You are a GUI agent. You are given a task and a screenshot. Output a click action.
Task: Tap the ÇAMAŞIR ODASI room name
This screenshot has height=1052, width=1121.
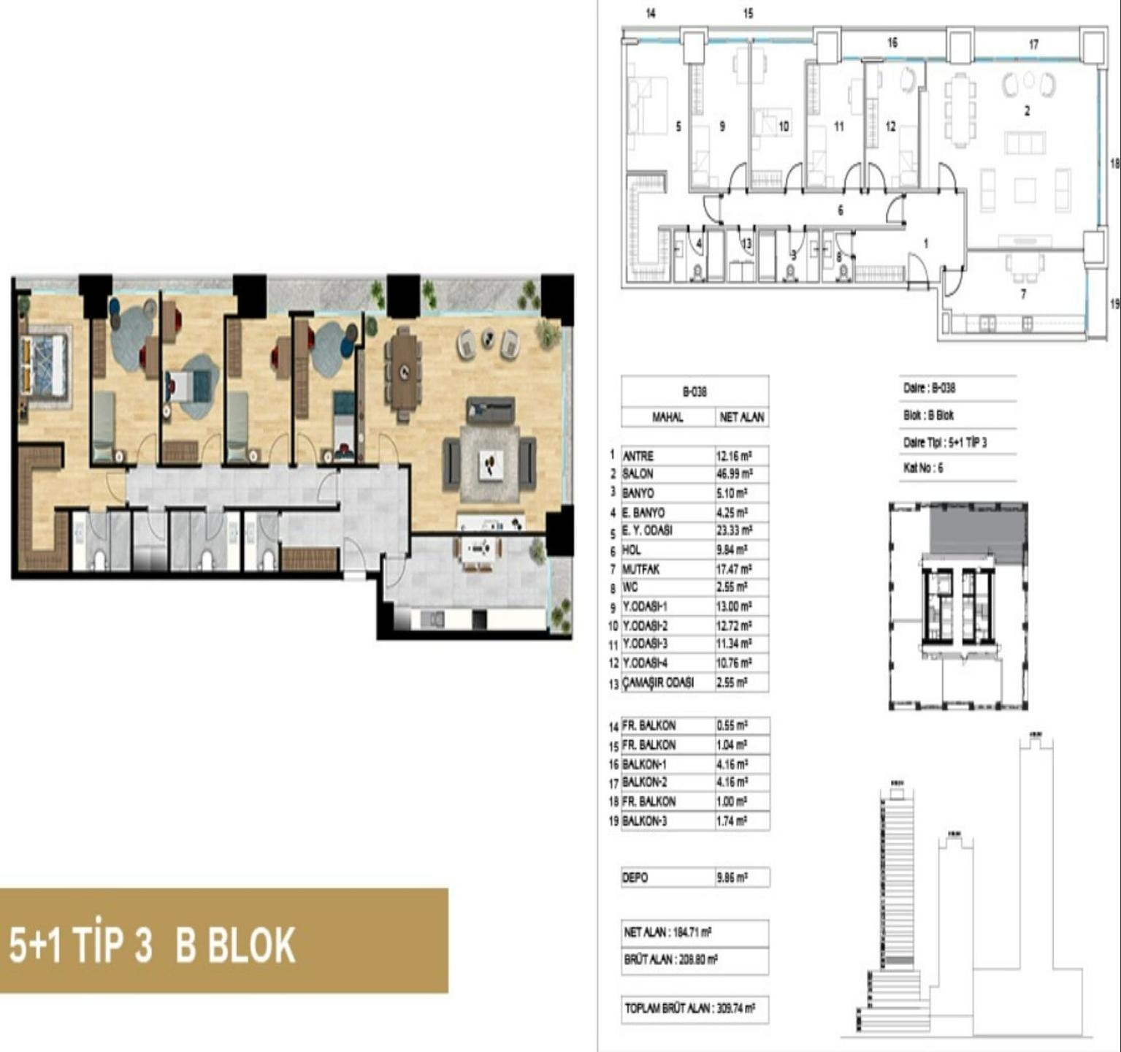657,682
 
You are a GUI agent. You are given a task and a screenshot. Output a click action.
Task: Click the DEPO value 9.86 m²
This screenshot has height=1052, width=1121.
732,877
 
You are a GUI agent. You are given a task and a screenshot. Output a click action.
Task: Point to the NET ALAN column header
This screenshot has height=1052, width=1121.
741,417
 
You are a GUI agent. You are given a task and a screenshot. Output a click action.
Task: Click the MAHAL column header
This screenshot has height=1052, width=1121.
667,417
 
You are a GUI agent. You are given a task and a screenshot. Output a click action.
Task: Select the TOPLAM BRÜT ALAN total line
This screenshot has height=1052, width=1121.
689,1008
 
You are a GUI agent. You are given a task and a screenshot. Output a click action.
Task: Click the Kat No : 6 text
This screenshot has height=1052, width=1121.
922,468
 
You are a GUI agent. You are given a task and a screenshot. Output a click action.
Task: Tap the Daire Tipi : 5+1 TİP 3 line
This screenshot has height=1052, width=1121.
944,442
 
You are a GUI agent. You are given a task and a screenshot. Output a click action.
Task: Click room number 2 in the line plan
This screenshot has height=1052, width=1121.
1027,111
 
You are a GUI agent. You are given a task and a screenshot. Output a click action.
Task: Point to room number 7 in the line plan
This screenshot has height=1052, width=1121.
1023,294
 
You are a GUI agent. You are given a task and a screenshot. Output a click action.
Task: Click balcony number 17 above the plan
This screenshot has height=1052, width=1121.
1033,45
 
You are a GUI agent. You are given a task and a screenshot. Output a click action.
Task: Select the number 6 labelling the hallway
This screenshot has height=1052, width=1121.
841,210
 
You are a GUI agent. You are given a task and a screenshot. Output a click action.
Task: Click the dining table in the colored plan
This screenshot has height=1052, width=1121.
403,371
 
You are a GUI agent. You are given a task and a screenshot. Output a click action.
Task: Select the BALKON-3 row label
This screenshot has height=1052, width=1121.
644,820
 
